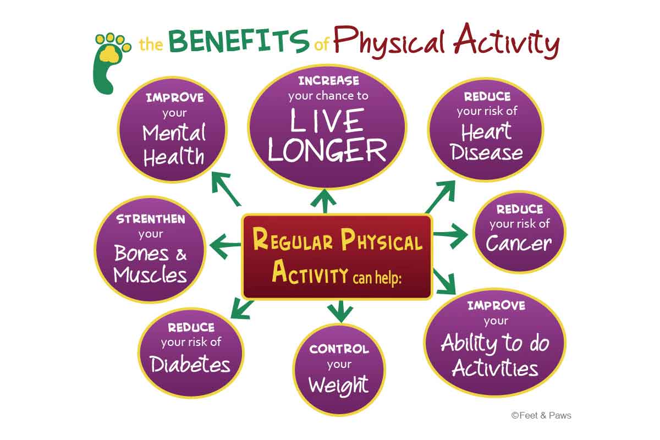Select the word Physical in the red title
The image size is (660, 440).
point(389,42)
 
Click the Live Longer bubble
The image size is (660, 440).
point(327,127)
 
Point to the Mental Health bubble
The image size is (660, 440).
point(173,130)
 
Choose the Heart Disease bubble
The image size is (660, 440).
point(486,130)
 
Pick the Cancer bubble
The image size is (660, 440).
point(519,232)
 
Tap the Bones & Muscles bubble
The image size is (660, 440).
point(150,249)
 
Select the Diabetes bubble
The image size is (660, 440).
point(191,353)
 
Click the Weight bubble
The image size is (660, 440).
point(339,370)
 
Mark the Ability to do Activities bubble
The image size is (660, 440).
point(495,343)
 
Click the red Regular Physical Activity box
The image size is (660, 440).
point(337,256)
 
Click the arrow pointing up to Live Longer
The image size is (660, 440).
point(324,201)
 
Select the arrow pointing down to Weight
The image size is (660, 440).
point(340,311)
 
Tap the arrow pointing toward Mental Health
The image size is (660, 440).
point(226,189)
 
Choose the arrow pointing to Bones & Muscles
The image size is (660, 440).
point(225,246)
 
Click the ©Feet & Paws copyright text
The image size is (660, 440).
point(541,415)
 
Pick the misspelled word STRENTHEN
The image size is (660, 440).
point(151,219)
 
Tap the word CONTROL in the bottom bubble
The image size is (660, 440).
point(339,349)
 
